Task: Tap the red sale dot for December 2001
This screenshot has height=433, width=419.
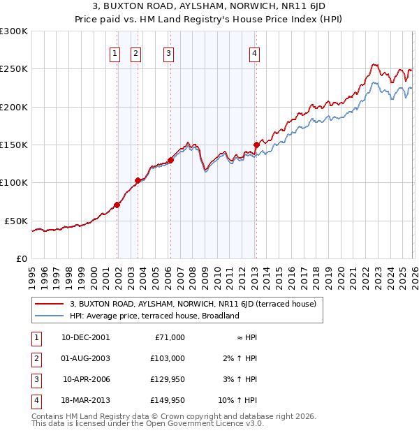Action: (117, 205)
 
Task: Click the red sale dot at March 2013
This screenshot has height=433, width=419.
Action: (256, 145)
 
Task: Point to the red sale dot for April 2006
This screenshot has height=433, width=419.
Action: (170, 160)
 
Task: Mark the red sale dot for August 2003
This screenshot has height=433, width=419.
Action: (138, 180)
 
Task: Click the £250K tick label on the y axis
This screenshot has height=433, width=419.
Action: (14, 69)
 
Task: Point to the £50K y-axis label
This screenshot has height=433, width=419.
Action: (17, 221)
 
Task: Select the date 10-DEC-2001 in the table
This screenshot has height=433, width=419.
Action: (85, 337)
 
